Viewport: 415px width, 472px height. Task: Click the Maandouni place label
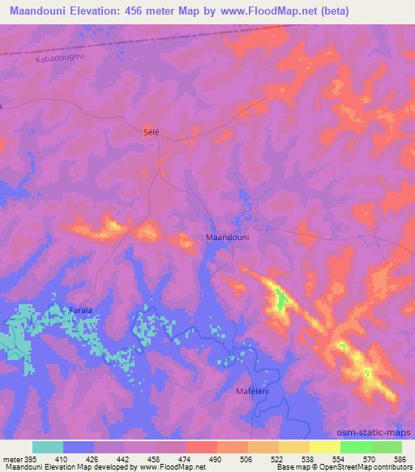coord(227,238)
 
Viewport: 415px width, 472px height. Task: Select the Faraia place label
coord(79,311)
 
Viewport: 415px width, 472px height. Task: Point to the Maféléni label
coord(253,392)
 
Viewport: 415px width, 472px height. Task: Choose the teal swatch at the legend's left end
coord(48,447)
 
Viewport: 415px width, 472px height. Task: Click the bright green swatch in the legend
coord(356,447)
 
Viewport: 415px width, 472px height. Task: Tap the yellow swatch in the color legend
coord(325,447)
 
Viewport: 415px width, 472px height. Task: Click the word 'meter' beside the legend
coord(12,459)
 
